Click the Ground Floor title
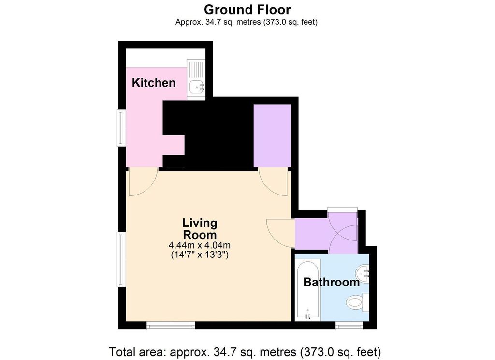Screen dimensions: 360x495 (x=247, y=9)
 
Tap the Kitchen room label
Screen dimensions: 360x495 (x=154, y=83)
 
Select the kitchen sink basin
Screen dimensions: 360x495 (x=196, y=87)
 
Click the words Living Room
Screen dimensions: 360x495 (x=199, y=229)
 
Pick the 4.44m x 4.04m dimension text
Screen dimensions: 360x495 (x=199, y=245)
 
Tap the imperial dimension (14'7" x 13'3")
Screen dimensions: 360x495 (x=199, y=255)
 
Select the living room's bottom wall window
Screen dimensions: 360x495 (x=171, y=327)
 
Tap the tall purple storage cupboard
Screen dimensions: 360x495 (x=272, y=135)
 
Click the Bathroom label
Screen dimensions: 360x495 (x=331, y=282)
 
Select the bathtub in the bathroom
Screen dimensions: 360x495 (x=307, y=291)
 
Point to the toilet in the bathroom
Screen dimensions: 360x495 (x=357, y=303)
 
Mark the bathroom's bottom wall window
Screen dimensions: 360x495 (x=349, y=327)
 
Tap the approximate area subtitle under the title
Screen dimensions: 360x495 (x=247, y=22)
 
